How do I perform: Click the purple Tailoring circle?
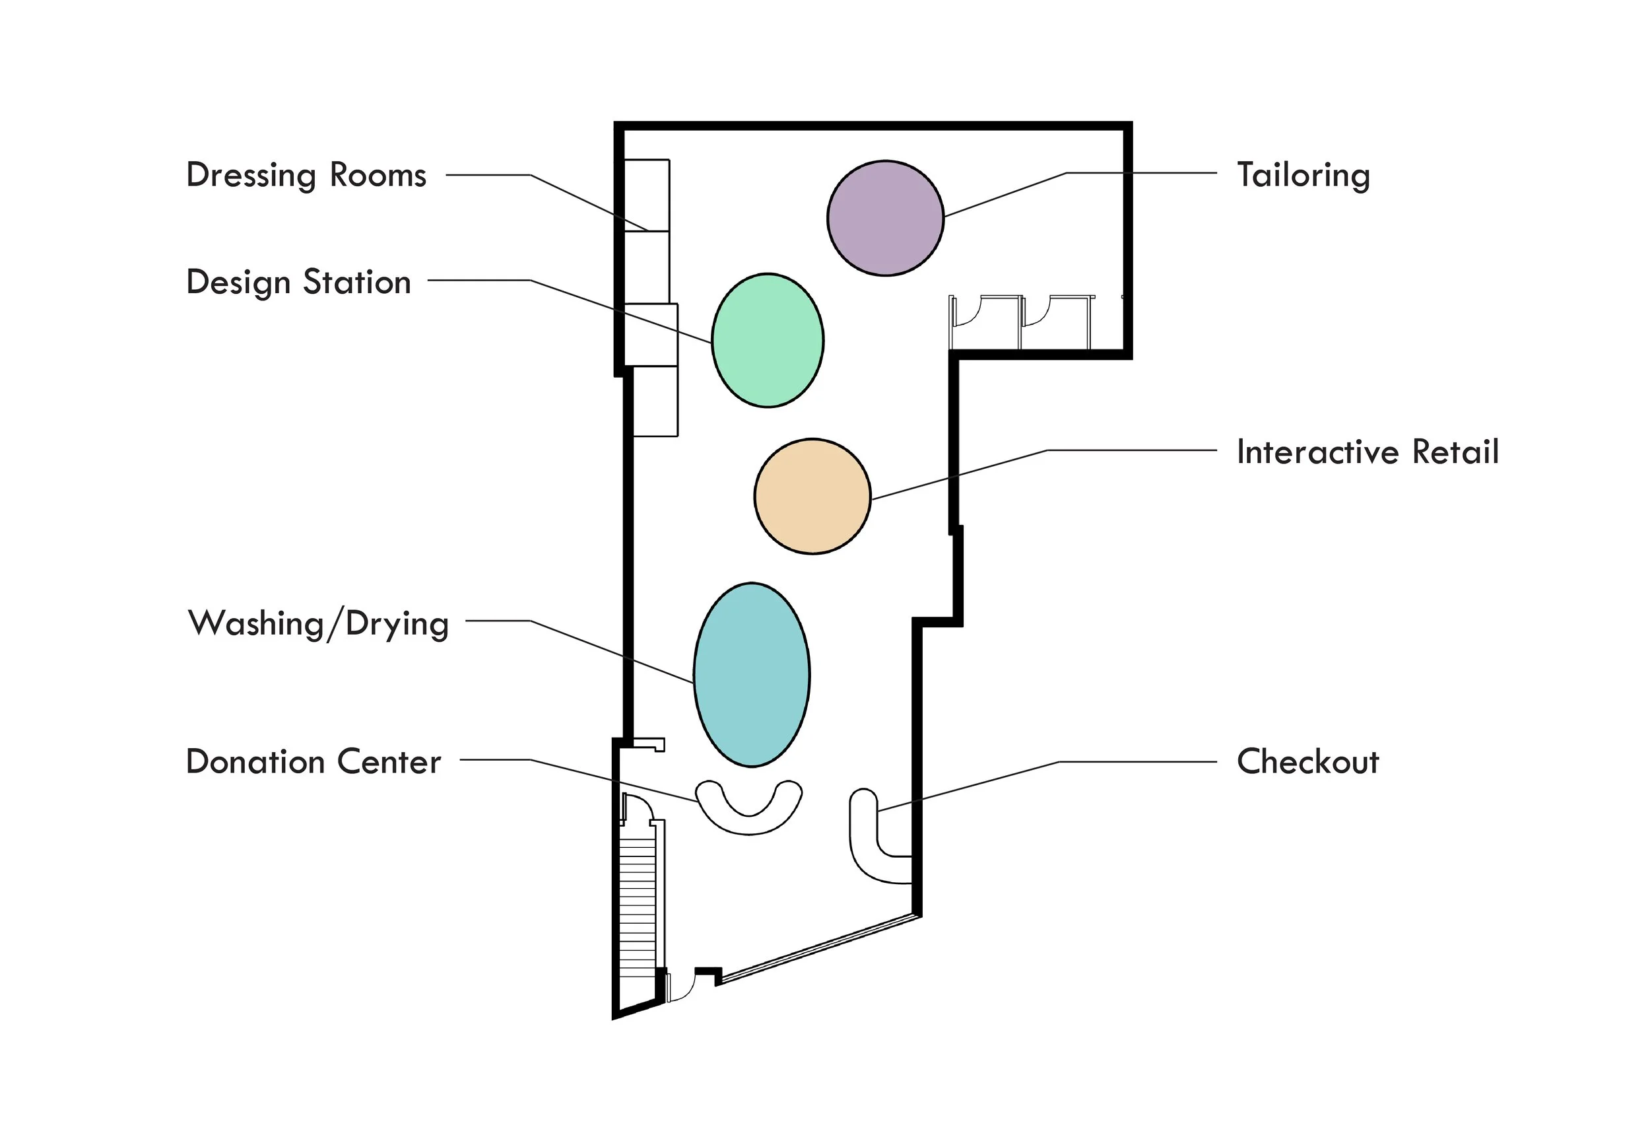click(885, 218)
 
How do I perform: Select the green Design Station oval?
click(768, 340)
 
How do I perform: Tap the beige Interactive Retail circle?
click(812, 497)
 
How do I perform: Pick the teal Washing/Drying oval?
click(752, 675)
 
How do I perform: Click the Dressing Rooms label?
click(306, 176)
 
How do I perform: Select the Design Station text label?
click(298, 282)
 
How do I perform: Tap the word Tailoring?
click(1303, 176)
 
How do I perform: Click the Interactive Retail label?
click(1368, 452)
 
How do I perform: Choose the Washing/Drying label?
click(318, 624)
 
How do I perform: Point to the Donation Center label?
click(313, 762)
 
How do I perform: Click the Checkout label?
click(1307, 762)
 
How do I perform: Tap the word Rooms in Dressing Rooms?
click(378, 176)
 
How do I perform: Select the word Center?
click(389, 762)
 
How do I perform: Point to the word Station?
click(356, 282)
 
